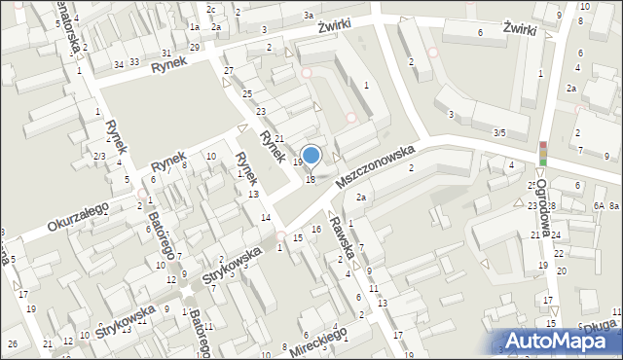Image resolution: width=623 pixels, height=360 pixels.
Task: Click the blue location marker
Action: pos(311,154)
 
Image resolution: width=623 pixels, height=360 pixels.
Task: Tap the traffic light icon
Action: pos(543,153)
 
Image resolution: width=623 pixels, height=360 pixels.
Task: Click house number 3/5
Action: pos(499,132)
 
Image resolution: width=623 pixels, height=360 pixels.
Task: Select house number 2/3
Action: pos(99,156)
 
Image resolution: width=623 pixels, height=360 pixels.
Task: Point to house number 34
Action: pos(119,64)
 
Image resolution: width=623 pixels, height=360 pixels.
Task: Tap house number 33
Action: pos(135,62)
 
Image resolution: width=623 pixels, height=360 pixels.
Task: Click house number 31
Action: pos(166,53)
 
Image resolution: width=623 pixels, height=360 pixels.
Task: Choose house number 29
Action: pos(195,47)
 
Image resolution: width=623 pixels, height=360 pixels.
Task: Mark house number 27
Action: pos(229,71)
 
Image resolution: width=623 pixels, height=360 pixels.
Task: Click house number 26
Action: pos(13,344)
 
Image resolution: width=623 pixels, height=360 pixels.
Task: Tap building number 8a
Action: pos(614,206)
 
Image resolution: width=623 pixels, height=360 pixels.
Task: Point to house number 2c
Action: pos(210,9)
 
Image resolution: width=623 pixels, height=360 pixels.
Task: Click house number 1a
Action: pos(195,27)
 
